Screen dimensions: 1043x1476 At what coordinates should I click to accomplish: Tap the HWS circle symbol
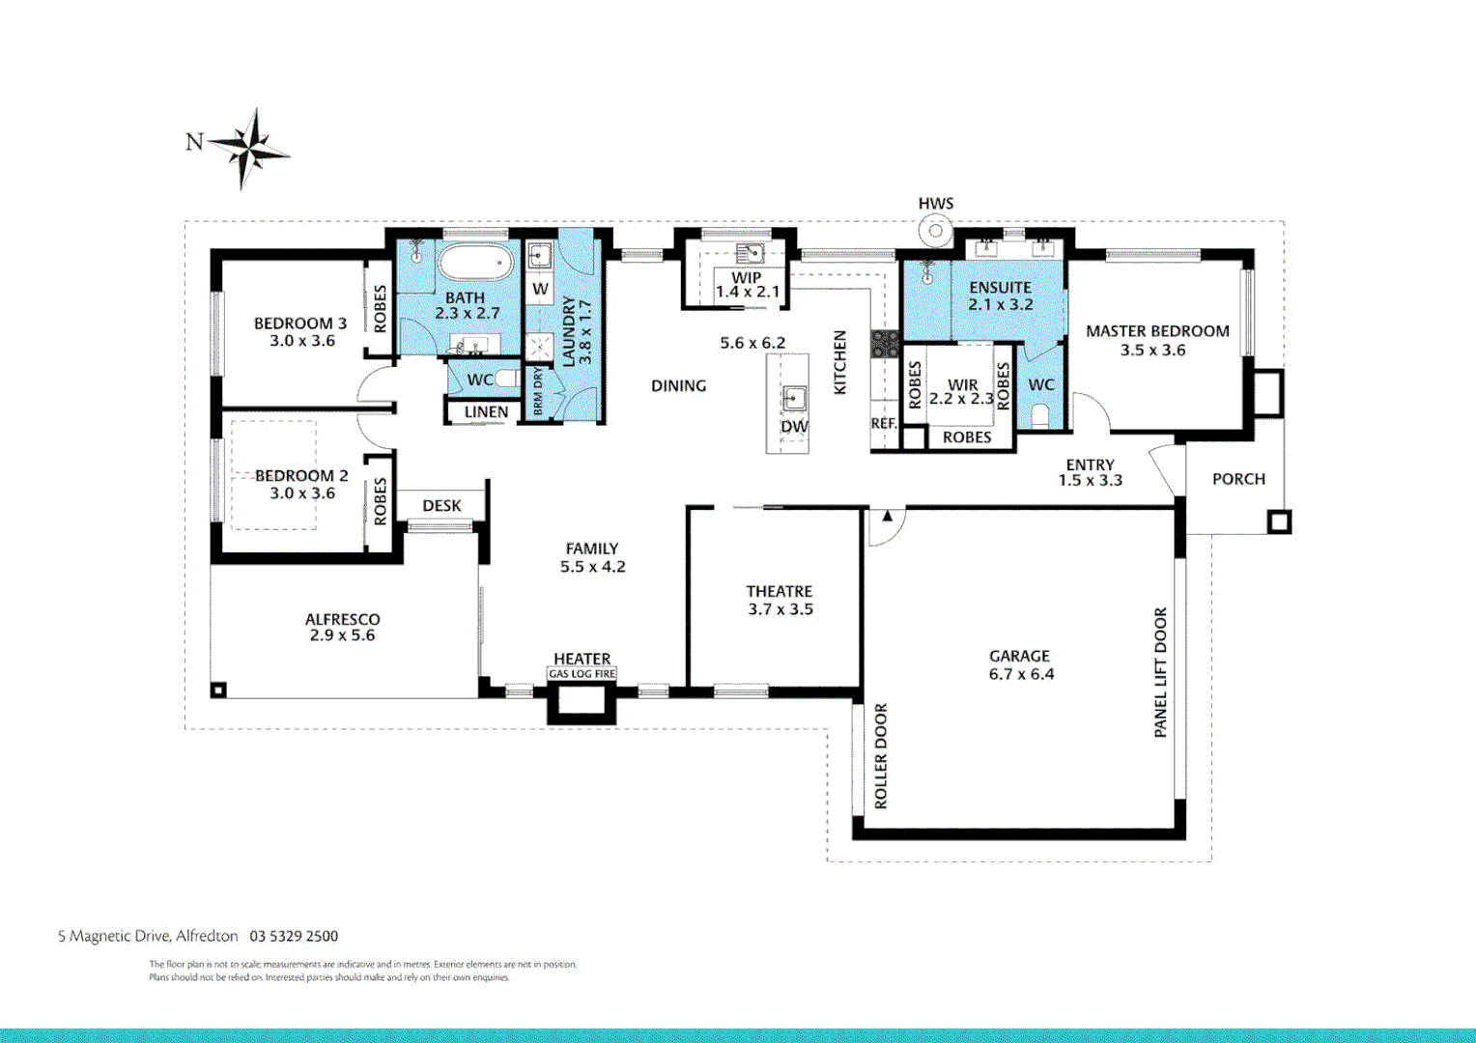coord(935,232)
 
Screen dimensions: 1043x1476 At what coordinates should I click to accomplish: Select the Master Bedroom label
coord(1157,331)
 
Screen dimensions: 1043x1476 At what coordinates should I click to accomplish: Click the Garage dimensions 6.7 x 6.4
coord(1021,674)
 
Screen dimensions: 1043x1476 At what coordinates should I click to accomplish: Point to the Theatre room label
coord(779,591)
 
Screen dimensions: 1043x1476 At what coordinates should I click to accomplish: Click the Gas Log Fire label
coord(582,674)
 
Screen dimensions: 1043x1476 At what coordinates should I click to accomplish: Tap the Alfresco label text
coord(342,619)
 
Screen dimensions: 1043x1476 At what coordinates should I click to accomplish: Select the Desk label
coord(441,506)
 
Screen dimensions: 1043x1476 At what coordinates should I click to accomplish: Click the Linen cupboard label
coord(486,412)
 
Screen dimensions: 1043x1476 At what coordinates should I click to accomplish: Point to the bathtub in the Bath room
coord(475,263)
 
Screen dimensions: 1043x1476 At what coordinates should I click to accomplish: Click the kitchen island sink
coord(794,397)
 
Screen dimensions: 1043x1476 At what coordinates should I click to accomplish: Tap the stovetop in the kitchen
coord(885,343)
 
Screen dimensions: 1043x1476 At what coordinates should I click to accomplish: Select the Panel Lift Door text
coord(1160,672)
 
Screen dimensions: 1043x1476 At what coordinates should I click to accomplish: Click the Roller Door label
coord(880,756)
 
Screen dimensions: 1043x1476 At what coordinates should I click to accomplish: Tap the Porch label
coord(1238,479)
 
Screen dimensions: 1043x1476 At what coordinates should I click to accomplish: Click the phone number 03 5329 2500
coord(294,936)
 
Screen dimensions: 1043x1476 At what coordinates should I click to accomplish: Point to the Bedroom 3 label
coord(300,324)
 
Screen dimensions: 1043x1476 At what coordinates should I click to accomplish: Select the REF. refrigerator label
coord(883,424)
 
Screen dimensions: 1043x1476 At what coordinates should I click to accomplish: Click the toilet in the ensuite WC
coord(1039,416)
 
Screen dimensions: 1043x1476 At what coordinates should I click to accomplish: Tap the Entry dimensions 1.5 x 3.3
coord(1090,481)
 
